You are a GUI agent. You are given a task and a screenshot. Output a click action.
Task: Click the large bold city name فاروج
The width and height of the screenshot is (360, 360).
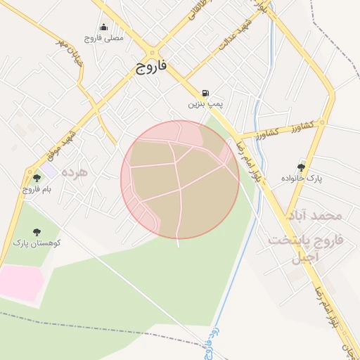[x=151, y=67]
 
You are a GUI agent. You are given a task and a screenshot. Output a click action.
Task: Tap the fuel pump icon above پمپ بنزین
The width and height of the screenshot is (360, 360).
[x=205, y=93]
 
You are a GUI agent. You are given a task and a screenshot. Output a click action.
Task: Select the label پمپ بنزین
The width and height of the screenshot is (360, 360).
[x=205, y=104]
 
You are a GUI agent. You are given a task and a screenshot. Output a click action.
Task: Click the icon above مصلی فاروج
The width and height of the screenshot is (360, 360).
[x=103, y=27]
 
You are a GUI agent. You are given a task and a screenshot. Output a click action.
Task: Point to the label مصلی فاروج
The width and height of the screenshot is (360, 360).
[x=103, y=38]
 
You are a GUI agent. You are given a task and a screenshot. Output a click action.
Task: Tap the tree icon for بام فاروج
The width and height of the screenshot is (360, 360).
[x=37, y=179]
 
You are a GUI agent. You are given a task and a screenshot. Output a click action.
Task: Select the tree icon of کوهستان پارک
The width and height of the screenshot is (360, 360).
[x=37, y=232]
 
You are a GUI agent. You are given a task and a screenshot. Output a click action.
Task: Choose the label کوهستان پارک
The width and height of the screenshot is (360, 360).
[x=37, y=243]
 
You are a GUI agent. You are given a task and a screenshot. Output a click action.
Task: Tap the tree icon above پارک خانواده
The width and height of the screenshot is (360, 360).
[x=302, y=167]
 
